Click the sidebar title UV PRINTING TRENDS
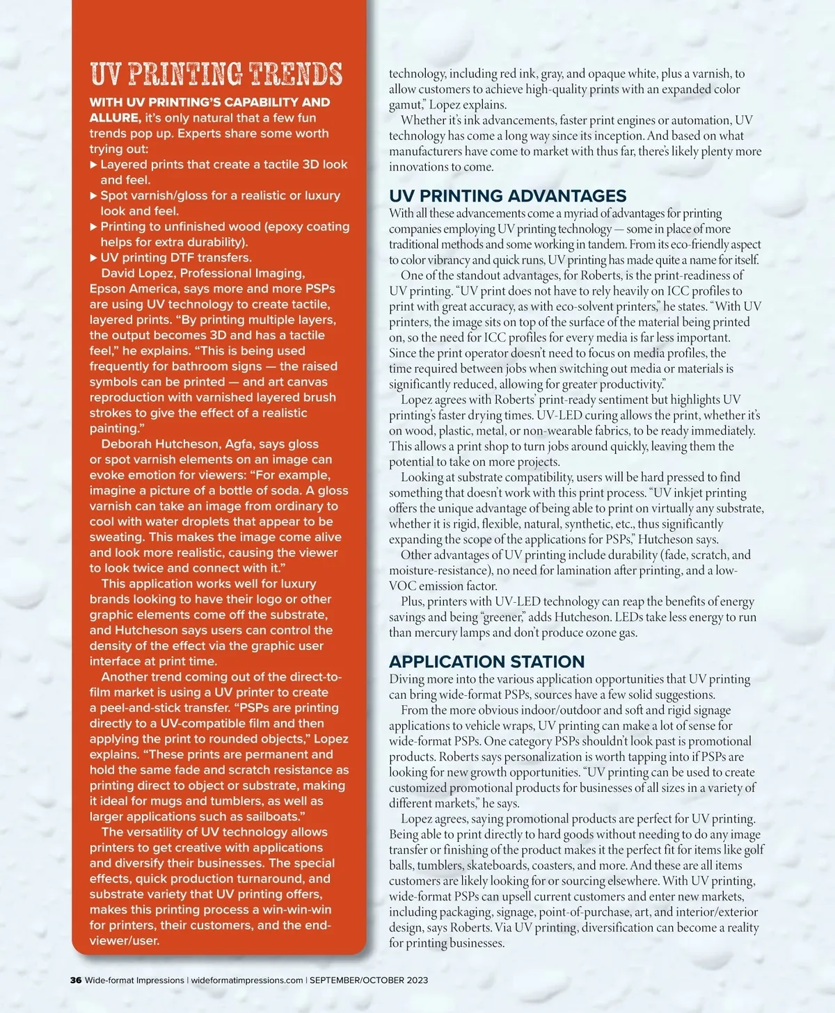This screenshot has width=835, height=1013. point(216,74)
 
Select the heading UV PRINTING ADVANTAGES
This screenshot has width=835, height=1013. point(507,196)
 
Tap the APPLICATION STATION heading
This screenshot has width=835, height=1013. point(486,661)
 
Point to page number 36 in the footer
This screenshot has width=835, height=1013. point(76,980)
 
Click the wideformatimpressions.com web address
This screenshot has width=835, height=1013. point(247,980)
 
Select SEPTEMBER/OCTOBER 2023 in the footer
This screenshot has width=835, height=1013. point(369,980)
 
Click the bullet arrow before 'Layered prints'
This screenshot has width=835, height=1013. point(94,165)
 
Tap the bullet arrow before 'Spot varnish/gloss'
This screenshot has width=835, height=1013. point(94,196)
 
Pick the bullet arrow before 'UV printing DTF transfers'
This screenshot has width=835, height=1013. point(94,258)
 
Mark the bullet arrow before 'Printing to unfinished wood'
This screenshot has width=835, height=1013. point(94,227)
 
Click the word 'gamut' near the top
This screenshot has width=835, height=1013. point(406,105)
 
